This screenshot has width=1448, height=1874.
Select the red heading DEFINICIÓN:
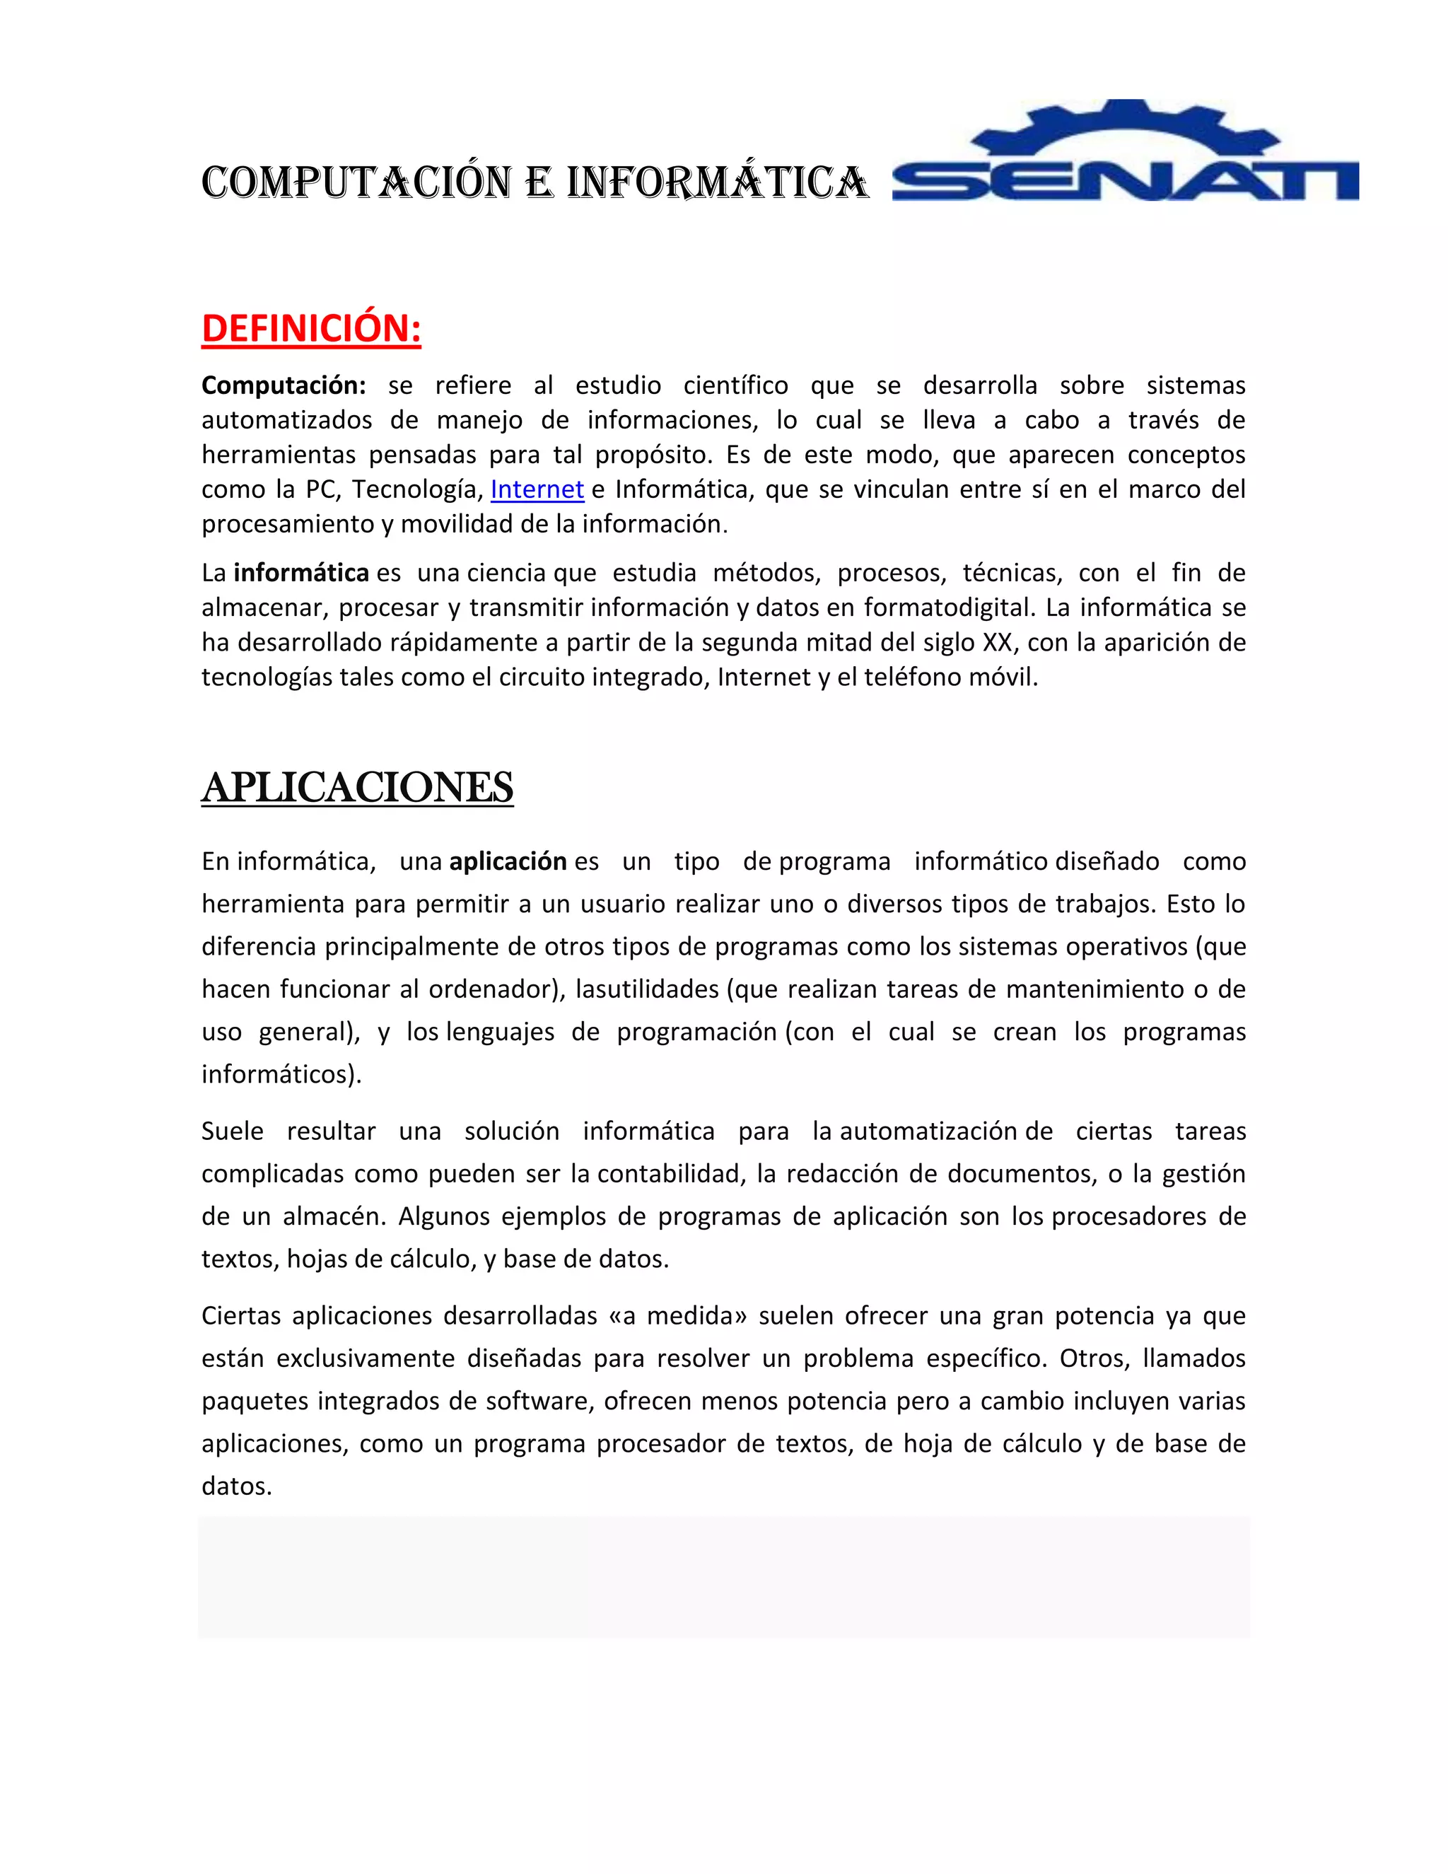coord(311,329)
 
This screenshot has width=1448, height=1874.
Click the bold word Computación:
coord(283,386)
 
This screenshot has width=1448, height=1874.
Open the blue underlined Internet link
coord(537,489)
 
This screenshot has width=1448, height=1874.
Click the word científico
coord(735,385)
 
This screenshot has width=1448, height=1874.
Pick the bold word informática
coord(301,572)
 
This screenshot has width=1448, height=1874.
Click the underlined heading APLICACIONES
coord(357,788)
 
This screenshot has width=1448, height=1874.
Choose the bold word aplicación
coord(508,861)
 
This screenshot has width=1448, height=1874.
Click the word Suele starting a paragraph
coord(232,1131)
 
